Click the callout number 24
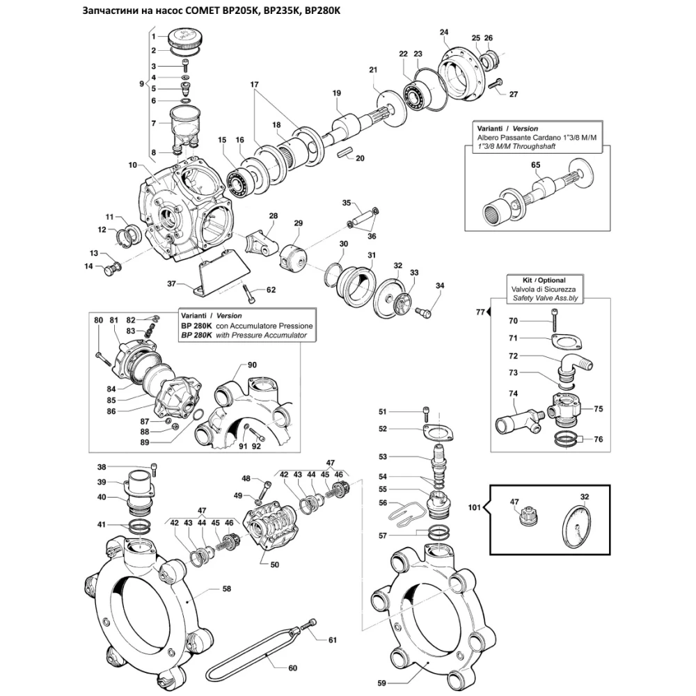[444, 32]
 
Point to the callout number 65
[536, 165]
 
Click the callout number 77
[480, 313]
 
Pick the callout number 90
[251, 365]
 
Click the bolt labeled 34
[422, 314]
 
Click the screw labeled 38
[153, 468]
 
